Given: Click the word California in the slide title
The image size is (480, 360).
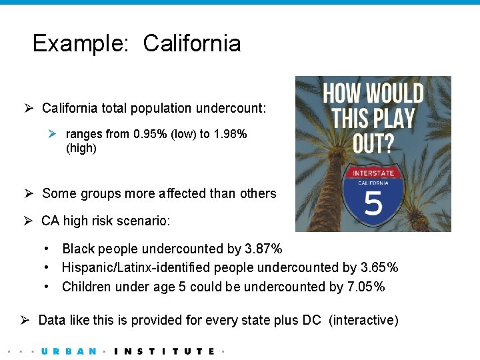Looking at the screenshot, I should (x=191, y=44).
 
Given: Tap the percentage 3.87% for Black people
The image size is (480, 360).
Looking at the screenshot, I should (x=263, y=249).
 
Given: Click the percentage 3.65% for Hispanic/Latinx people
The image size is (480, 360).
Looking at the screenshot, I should (x=379, y=267).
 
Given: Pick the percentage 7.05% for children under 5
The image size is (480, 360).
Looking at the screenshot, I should (x=366, y=287).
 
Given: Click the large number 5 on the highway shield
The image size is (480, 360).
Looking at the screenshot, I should (x=373, y=205).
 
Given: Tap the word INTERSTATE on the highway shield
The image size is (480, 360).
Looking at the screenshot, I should (x=373, y=173).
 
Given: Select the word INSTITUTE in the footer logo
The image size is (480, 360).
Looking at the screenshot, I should (x=165, y=351).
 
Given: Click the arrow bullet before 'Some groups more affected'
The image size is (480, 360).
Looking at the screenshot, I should (x=29, y=194).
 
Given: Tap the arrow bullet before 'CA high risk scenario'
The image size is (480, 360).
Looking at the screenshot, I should (x=29, y=221).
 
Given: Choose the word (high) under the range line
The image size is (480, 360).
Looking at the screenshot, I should (x=81, y=148).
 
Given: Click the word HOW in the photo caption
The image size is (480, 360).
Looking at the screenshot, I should (x=343, y=94).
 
